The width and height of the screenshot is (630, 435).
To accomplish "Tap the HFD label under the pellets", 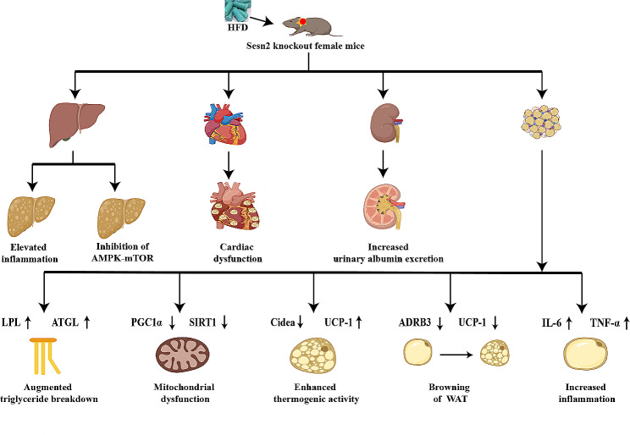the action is coord(237,27).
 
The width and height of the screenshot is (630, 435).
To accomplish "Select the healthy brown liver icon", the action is coord(76,124).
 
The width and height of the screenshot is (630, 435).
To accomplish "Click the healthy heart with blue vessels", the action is coord(226,124).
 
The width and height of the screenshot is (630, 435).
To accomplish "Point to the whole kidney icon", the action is coord(386,124).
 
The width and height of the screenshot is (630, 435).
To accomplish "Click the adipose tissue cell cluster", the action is coord(541,122).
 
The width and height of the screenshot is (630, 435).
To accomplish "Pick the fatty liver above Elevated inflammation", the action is coord(31,216).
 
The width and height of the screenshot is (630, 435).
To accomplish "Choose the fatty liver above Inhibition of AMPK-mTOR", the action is coord(121,217).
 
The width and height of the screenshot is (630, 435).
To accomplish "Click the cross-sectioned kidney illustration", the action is coord(384,206).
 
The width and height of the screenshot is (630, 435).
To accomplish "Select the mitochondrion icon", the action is coord(183,355).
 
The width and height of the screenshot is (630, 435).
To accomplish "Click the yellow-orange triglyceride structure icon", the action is coord(45,356).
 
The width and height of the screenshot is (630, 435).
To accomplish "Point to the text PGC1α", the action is coord(146,322).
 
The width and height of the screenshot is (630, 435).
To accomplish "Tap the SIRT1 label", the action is coord(202,322).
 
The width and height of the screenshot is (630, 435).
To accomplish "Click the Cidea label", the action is coord(283,322).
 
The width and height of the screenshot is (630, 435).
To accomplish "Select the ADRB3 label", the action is coord(415,322).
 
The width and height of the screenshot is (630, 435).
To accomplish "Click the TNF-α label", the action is coord(605,322).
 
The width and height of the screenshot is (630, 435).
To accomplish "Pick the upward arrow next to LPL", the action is coord(28,322).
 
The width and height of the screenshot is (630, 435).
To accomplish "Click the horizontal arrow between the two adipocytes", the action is coord(456,355).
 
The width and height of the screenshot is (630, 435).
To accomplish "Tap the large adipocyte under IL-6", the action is coord(585,354).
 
